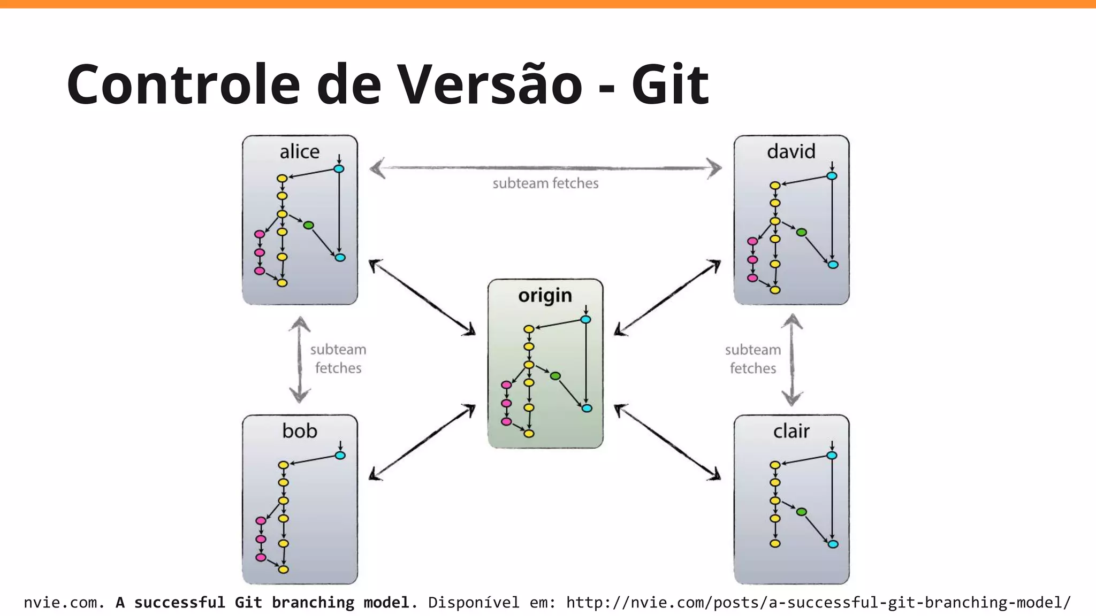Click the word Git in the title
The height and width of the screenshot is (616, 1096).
click(x=670, y=84)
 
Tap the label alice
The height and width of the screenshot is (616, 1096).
click(x=299, y=152)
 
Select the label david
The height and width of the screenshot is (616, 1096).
click(x=791, y=152)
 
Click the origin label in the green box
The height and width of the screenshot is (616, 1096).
click(x=545, y=295)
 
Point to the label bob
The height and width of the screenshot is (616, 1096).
click(x=300, y=431)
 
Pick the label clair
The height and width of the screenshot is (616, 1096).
click(x=791, y=431)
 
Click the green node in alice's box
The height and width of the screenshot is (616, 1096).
click(x=308, y=225)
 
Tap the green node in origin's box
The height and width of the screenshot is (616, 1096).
click(x=555, y=376)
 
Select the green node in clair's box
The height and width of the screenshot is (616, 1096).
click(x=801, y=512)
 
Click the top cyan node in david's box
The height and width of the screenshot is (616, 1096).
click(x=832, y=176)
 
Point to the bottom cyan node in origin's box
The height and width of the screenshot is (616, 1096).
click(x=587, y=408)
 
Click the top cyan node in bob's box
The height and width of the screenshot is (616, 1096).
click(x=340, y=456)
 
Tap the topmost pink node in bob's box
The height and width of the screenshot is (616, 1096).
click(x=261, y=520)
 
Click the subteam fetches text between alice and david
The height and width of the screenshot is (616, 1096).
click(x=545, y=183)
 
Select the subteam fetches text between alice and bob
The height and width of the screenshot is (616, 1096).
click(x=338, y=359)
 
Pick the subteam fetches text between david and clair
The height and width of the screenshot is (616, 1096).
click(x=753, y=359)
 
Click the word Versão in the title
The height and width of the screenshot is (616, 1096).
click(x=490, y=84)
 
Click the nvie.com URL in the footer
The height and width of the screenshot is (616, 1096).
click(x=818, y=603)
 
